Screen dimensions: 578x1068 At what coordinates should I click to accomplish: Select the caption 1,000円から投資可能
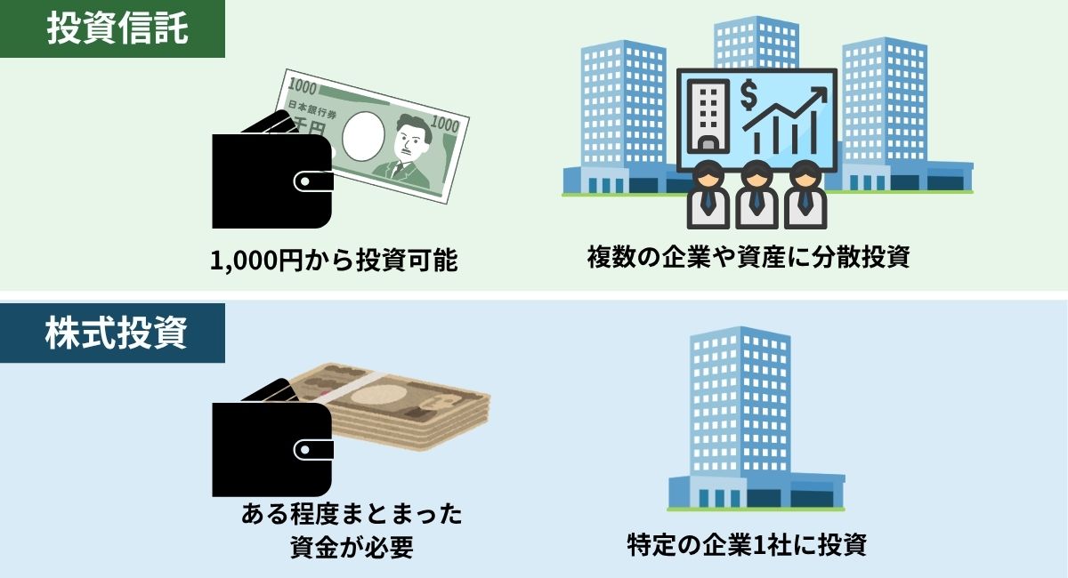pyautogui.click(x=334, y=261)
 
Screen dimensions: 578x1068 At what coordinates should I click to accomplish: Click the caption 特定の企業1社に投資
pyautogui.click(x=747, y=544)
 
